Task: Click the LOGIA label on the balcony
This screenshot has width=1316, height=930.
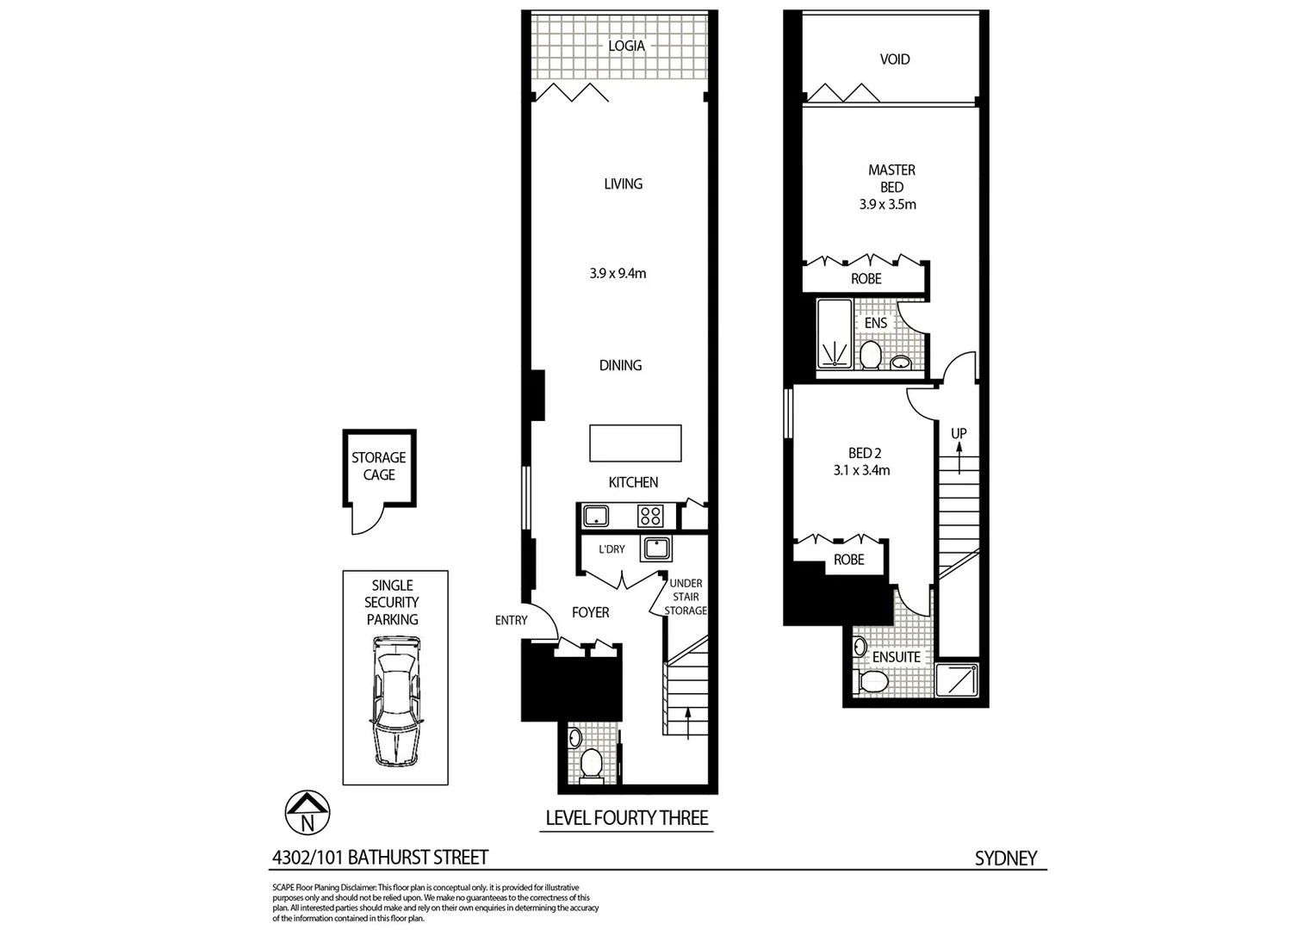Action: point(626,46)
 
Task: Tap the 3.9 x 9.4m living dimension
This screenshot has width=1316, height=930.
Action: point(618,274)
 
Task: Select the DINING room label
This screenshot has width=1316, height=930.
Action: point(620,365)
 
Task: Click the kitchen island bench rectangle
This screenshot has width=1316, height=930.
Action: point(636,443)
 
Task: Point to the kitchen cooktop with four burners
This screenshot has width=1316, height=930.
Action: point(650,516)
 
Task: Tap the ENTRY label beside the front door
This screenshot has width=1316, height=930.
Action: point(511,620)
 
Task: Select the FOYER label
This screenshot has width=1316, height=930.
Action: point(590,612)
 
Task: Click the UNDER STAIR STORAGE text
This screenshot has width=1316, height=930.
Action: point(686,597)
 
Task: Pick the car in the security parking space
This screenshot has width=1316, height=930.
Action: point(395,701)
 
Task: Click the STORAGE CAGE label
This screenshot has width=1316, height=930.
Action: point(379,466)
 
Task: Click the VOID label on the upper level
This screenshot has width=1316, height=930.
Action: point(895,59)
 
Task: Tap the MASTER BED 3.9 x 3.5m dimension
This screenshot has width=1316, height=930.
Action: point(888,205)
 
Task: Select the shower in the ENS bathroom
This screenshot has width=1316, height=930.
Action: point(834,334)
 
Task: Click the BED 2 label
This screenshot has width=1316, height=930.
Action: point(865,453)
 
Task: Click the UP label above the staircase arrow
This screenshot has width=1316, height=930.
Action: point(959,433)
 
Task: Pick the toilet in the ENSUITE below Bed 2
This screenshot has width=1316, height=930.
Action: point(873,681)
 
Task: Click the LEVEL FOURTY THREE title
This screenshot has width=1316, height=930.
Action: point(627,818)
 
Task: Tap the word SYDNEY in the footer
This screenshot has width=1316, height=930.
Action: point(1005,858)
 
